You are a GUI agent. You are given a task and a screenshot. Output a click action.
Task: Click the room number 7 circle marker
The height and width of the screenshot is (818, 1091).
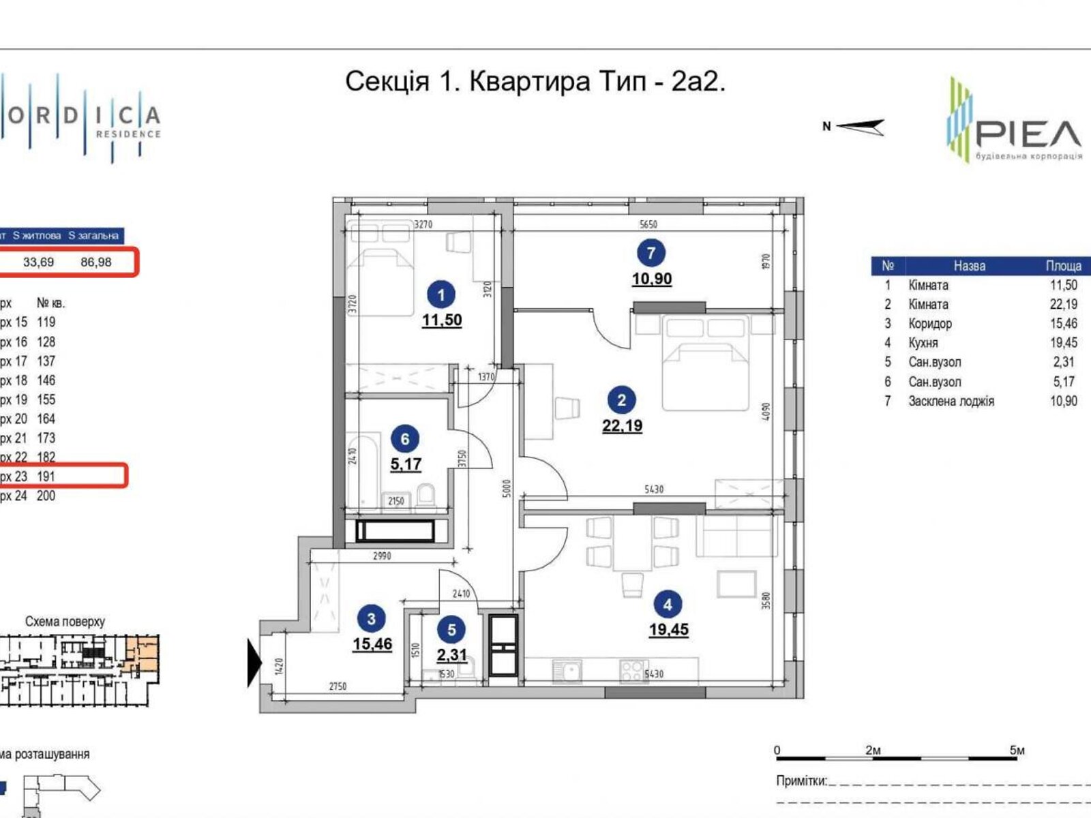[x=651, y=253]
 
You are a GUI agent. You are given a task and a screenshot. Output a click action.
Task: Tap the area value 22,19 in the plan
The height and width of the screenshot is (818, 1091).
[x=622, y=426]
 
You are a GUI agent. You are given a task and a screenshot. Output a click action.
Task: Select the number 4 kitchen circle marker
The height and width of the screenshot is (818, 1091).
[x=667, y=604]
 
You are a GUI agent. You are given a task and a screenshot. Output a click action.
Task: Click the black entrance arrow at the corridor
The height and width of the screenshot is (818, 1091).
[x=254, y=663]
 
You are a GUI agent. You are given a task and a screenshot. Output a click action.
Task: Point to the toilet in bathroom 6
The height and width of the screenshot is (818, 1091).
[x=427, y=496]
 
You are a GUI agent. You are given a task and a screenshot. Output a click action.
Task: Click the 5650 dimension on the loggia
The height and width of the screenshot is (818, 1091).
[x=648, y=224]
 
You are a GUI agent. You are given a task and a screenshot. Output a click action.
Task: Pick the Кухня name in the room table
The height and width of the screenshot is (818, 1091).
[x=923, y=343]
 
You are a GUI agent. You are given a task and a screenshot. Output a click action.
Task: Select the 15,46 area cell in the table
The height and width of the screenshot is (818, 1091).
[x=1063, y=324]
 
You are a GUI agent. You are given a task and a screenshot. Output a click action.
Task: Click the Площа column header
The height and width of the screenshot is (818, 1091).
[x=1063, y=266]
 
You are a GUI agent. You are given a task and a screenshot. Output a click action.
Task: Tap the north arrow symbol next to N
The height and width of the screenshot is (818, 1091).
[x=861, y=127]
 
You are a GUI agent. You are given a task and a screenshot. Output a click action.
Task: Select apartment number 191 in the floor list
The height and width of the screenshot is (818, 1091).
[x=46, y=476]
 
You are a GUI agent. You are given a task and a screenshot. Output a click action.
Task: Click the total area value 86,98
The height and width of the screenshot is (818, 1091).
[x=96, y=262]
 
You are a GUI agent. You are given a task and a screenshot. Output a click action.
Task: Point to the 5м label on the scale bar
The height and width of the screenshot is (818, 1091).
[x=1017, y=751]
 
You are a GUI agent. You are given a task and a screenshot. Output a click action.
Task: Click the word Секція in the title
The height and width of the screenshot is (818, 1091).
[x=387, y=82]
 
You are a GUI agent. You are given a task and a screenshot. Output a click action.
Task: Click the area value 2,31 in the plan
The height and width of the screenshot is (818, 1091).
[x=451, y=656]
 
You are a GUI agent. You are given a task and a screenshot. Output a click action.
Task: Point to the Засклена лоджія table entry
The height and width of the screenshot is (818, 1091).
[x=951, y=401]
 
